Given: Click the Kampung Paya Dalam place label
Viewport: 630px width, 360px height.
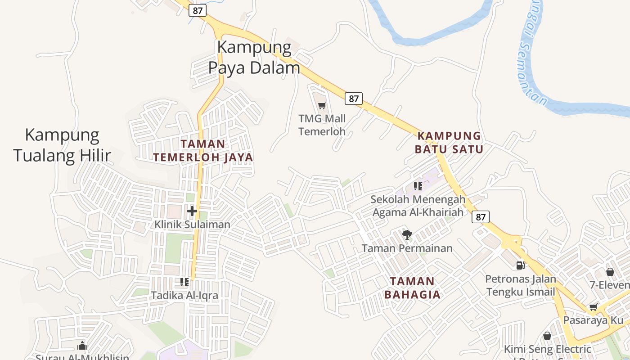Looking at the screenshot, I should pos(254,57).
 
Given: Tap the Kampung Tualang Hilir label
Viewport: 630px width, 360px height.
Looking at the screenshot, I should pos(62,145).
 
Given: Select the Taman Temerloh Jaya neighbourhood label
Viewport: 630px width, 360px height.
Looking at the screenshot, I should pos(203,150).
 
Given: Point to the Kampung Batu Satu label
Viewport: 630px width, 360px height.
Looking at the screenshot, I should pos(449,142).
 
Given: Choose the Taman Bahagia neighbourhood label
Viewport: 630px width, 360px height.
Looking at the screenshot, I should pos(412,288).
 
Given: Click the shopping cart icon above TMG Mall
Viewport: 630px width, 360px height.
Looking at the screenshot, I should pos(322,106).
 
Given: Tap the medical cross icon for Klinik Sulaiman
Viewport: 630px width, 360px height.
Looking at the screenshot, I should pos(192,211).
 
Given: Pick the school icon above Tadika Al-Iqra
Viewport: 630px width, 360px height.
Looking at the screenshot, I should pos(184,282).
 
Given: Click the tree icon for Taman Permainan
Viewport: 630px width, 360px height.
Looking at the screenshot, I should pos(407,234).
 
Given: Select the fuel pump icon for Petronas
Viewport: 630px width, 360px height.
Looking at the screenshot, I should pos(521,265).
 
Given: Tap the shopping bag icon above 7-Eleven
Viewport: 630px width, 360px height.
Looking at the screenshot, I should pos(610,272).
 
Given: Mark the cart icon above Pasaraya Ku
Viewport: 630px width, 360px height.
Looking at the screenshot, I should pos(594,307).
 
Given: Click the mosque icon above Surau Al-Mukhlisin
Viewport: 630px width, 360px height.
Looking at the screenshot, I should pos(82,346).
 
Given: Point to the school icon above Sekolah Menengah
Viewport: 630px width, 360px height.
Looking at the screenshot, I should pos(418,186).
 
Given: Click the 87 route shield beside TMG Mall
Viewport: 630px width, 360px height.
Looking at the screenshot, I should pos(354,98).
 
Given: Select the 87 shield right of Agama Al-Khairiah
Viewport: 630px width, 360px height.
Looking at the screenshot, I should pos(481,217).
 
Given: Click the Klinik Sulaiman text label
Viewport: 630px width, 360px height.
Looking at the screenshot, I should pos(192,224).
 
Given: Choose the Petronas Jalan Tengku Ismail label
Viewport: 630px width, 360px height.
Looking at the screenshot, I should pos(521,285).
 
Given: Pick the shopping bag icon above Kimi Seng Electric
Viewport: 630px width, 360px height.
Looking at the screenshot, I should pos(547,336).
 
